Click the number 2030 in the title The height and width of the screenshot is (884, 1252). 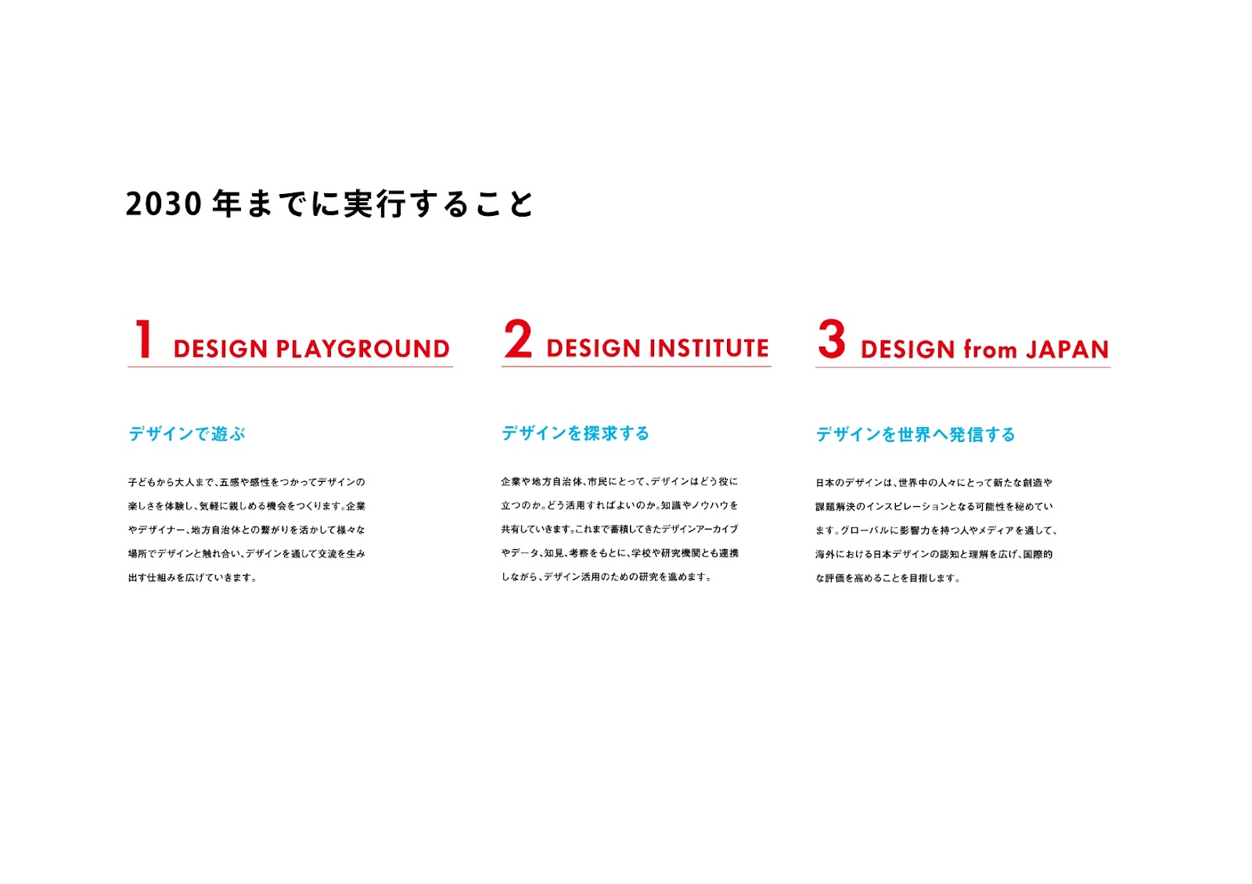164,204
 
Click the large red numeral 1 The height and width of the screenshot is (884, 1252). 144,339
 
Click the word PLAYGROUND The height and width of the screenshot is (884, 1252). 363,349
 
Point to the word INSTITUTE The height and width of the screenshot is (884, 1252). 709,348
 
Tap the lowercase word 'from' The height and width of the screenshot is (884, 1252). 990,349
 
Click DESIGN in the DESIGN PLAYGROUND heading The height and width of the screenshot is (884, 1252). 221,349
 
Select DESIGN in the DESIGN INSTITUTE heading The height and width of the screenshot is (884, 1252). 594,348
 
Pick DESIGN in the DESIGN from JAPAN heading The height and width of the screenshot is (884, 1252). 908,350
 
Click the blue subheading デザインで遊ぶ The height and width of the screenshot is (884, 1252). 187,433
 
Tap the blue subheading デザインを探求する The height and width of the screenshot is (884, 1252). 575,433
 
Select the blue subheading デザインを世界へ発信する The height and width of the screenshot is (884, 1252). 915,434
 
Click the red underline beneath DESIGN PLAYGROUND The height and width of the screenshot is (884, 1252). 290,367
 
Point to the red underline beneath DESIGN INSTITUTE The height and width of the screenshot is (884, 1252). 636,367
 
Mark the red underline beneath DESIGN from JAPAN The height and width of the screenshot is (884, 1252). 962,368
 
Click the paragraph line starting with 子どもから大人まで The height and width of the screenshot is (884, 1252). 246,482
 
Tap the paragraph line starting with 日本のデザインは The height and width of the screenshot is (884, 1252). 934,483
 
